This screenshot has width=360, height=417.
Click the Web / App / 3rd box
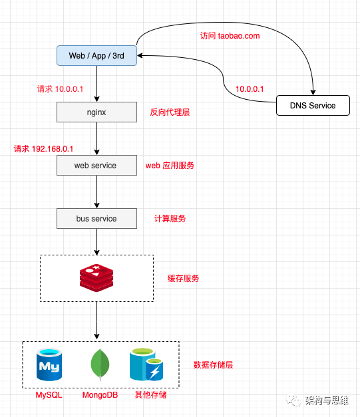click(x=96, y=56)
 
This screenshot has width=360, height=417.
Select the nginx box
click(x=96, y=112)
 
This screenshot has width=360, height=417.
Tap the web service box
click(x=96, y=166)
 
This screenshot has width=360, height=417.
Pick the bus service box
click(x=96, y=219)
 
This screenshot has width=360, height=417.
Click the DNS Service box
click(x=313, y=106)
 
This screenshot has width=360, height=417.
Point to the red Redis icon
click(x=96, y=278)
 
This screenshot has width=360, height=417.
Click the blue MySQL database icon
click(x=49, y=364)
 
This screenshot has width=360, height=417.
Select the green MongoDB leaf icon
click(x=100, y=364)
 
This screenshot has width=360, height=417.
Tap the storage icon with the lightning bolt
click(x=146, y=364)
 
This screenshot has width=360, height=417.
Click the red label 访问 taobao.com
click(x=230, y=36)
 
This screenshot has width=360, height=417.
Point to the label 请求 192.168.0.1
click(x=43, y=149)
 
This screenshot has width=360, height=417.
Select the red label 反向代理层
click(x=170, y=112)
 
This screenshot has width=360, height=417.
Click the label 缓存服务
click(x=183, y=279)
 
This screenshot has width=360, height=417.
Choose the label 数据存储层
click(x=213, y=365)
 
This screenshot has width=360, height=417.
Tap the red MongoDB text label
click(x=100, y=395)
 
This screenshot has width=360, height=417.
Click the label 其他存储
click(x=150, y=395)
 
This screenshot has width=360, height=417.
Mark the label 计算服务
click(x=170, y=219)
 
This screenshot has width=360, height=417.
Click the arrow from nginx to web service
click(x=97, y=138)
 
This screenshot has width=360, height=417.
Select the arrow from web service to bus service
click(x=97, y=192)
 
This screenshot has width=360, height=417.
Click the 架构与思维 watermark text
click(x=327, y=400)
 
